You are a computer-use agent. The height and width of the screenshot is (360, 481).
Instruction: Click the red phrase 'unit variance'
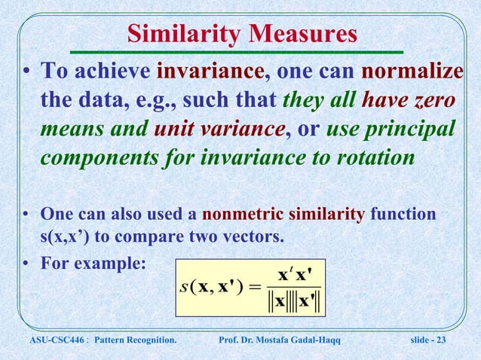point(219,130)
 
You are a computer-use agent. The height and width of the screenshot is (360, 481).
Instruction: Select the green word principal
point(411,130)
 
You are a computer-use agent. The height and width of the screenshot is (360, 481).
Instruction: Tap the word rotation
point(370,159)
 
